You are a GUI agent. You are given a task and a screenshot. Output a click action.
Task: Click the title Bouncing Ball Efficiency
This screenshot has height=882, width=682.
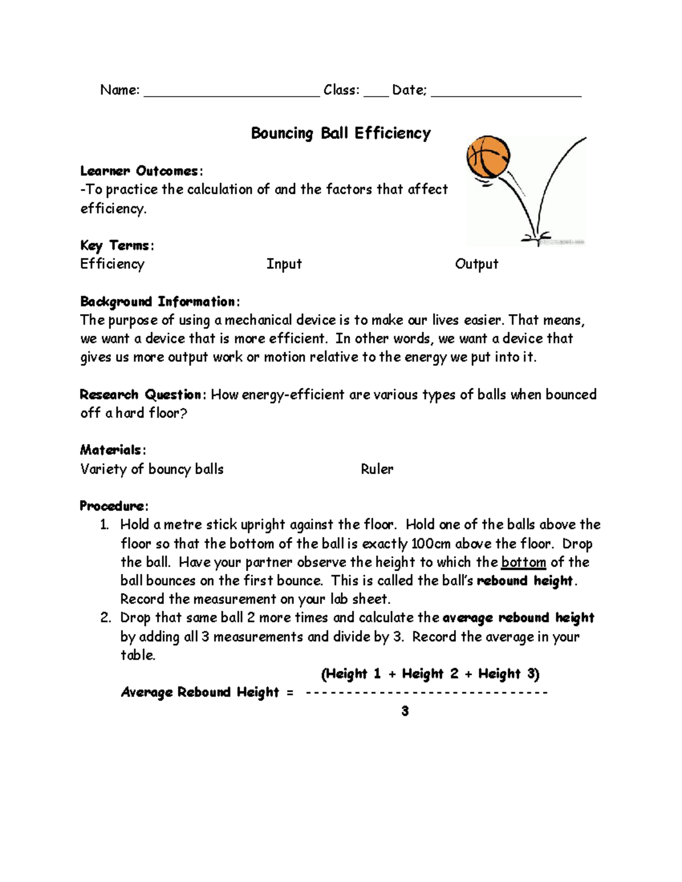(x=340, y=133)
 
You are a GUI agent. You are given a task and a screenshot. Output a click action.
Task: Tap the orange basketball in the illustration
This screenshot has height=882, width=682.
(x=488, y=157)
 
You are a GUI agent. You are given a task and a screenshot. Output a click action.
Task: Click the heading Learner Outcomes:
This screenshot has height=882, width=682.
(x=141, y=171)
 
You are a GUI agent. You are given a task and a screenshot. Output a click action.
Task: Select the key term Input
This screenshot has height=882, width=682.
(x=284, y=264)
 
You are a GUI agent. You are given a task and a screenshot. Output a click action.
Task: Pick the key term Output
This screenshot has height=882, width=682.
(x=476, y=264)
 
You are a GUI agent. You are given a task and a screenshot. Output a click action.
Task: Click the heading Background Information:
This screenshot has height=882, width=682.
(x=160, y=302)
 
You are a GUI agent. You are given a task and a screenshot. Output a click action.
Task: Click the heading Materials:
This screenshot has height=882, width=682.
(x=113, y=450)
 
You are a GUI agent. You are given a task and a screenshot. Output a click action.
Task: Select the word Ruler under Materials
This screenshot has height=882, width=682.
(x=377, y=469)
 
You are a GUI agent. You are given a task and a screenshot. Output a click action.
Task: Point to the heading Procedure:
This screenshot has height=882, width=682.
(x=114, y=506)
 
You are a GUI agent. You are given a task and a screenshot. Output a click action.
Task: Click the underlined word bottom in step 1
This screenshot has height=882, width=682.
(x=523, y=562)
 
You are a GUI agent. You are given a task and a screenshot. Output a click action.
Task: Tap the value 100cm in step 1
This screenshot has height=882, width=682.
(x=430, y=544)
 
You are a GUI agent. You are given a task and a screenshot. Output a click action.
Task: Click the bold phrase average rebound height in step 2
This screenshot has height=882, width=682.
(x=518, y=618)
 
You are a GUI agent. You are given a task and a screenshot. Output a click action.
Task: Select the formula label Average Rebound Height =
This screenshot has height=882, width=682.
(x=207, y=692)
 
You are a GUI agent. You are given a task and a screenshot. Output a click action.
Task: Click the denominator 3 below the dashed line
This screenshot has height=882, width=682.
(x=405, y=711)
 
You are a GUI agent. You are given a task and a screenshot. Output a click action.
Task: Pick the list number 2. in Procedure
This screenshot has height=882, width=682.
(x=106, y=618)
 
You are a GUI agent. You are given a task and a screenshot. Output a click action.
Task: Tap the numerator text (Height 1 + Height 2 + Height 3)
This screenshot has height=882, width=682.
(x=430, y=674)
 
